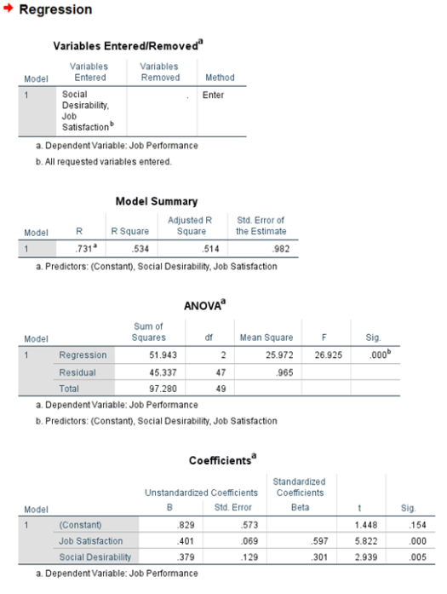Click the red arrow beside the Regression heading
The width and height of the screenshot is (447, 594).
[x=9, y=10]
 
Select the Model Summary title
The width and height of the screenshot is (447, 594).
[x=157, y=201]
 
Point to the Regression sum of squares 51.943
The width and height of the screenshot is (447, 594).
[x=165, y=355]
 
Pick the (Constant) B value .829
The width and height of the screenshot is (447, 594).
[x=174, y=523]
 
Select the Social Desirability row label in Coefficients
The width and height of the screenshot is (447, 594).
[x=95, y=557]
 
